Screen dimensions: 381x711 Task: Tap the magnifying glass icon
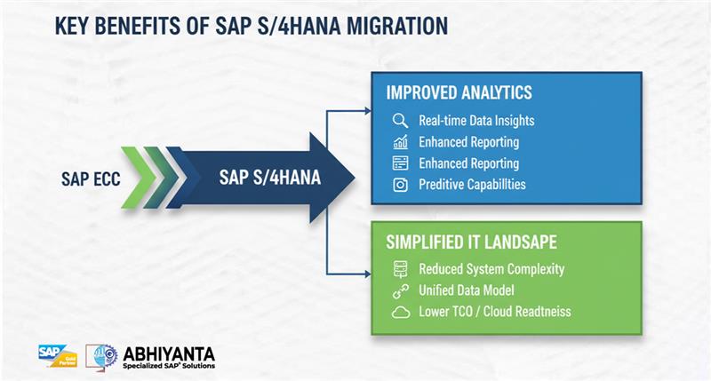400,121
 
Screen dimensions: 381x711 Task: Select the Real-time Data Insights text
476,121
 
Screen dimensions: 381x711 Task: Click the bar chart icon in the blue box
400,142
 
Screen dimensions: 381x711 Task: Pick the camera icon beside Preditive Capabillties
400,185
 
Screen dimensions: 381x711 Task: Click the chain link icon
400,290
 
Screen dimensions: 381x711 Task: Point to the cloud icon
400,312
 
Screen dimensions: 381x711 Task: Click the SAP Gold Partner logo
58,355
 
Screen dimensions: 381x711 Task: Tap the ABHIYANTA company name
169,352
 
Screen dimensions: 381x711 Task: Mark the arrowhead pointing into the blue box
366,112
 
